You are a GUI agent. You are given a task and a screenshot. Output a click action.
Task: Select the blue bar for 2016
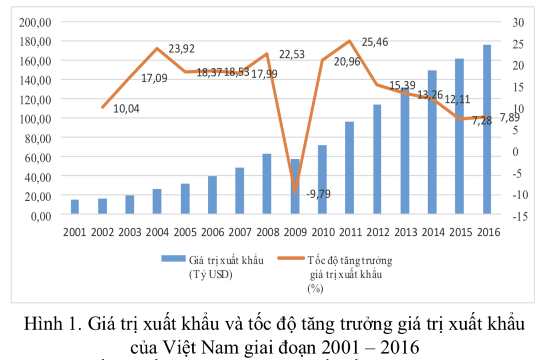[487, 129]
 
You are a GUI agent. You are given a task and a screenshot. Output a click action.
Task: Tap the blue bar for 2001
[75, 206]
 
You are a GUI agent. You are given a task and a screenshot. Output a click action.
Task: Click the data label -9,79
[318, 194]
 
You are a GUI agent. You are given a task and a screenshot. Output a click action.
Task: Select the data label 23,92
[182, 49]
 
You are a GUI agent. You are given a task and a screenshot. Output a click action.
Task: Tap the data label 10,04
[126, 109]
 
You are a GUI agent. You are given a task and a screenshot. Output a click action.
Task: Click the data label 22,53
[292, 55]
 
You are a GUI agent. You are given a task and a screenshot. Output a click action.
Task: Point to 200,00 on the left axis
[35, 22]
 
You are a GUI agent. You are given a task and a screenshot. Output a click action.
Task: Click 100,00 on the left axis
[35, 119]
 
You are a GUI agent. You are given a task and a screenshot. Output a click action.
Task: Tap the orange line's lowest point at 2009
[295, 193]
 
